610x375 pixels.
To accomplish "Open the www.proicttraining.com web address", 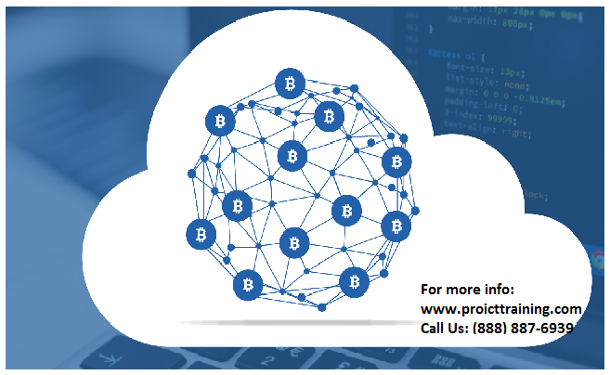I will tap(501, 307).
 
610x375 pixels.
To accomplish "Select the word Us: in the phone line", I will tap(465, 328).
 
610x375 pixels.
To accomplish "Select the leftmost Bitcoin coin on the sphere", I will tap(201, 234).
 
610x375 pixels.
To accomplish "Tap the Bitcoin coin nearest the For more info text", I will tap(353, 281).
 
